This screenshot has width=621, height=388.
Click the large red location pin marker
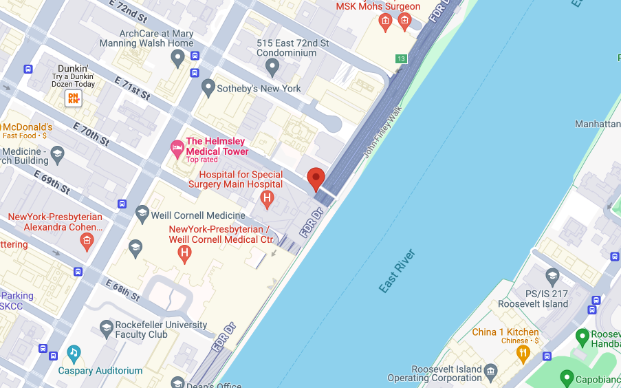point(316,178)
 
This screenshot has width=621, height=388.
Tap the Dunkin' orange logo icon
point(73,98)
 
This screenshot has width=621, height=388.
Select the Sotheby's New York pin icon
point(208,88)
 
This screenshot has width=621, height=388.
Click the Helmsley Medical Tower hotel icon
point(177,147)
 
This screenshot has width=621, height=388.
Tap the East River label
point(397,271)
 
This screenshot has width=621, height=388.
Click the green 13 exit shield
point(401,58)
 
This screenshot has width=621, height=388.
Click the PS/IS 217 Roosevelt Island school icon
point(552,277)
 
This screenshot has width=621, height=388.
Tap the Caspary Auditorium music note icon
point(74,354)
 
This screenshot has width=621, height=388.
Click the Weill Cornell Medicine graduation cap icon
point(142,215)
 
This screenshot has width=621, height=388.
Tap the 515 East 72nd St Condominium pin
point(272,67)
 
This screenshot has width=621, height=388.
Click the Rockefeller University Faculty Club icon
point(107,329)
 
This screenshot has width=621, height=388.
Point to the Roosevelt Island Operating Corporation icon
point(490,372)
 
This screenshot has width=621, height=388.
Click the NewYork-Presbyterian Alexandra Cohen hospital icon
point(86,240)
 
